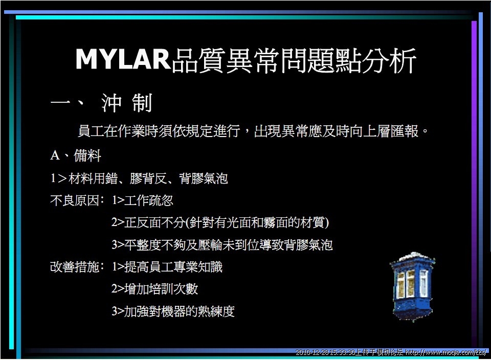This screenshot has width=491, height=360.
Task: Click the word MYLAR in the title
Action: click(x=123, y=59)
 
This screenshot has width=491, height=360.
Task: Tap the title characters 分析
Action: click(x=389, y=60)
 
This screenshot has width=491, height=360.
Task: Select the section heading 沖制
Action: click(x=127, y=103)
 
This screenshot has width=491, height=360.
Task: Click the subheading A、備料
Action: click(x=76, y=155)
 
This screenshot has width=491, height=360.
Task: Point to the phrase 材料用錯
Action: click(x=93, y=178)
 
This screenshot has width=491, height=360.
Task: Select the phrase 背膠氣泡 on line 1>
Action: click(x=204, y=178)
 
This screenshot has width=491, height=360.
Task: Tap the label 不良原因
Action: click(x=75, y=200)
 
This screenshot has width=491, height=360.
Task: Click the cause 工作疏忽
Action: click(x=149, y=200)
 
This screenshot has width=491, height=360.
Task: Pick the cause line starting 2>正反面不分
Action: click(x=220, y=222)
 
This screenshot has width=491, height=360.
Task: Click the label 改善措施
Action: click(x=75, y=267)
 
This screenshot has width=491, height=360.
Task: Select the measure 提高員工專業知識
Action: click(x=173, y=267)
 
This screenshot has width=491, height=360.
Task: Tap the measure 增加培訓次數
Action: click(x=161, y=289)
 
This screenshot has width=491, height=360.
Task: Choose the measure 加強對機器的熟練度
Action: click(x=180, y=311)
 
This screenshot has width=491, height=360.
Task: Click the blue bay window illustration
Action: click(x=413, y=286)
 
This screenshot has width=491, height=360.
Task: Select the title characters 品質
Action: click(x=198, y=60)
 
